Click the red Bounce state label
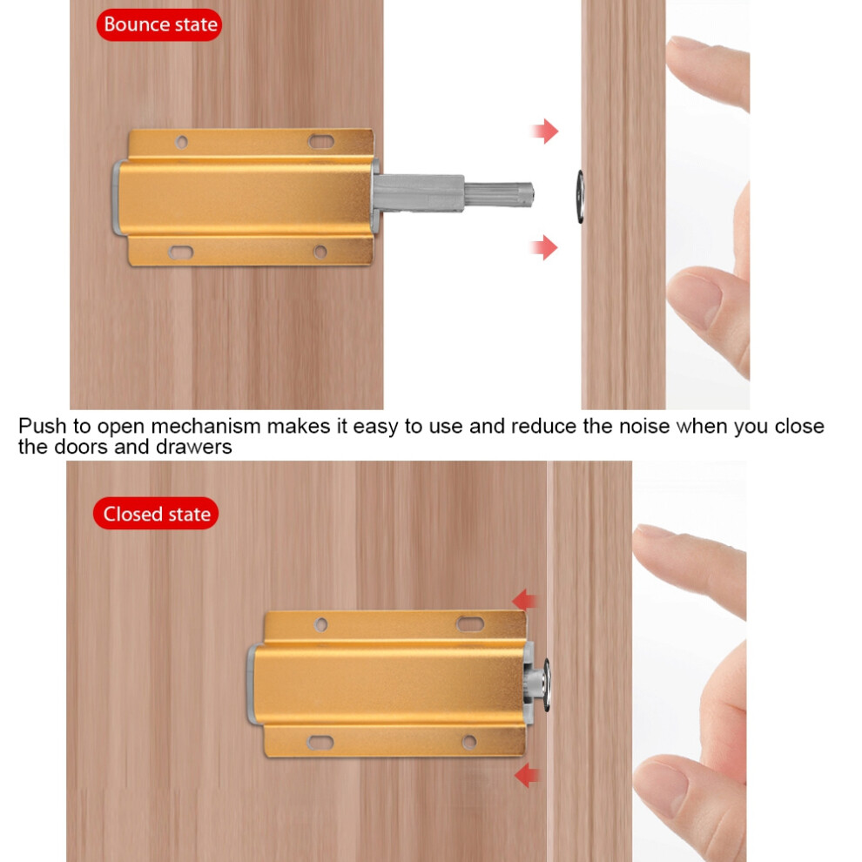pyautogui.click(x=159, y=24)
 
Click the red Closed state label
pyautogui.click(x=156, y=514)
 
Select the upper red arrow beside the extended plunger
pyautogui.click(x=544, y=131)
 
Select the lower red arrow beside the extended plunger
pyautogui.click(x=544, y=246)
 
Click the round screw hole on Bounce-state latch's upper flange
pyautogui.click(x=181, y=142)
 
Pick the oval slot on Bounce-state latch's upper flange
pyautogui.click(x=321, y=141)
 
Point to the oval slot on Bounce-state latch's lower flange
pyautogui.click(x=180, y=253)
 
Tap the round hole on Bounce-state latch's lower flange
pyautogui.click(x=320, y=253)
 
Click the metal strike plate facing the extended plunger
pyautogui.click(x=580, y=196)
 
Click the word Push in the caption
pyautogui.click(x=43, y=427)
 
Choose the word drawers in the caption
pyautogui.click(x=193, y=447)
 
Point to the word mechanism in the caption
pyautogui.click(x=205, y=427)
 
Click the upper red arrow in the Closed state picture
pyautogui.click(x=525, y=600)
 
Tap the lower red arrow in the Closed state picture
pyautogui.click(x=527, y=775)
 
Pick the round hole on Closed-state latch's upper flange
pyautogui.click(x=321, y=624)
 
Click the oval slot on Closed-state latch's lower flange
pyautogui.click(x=320, y=743)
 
